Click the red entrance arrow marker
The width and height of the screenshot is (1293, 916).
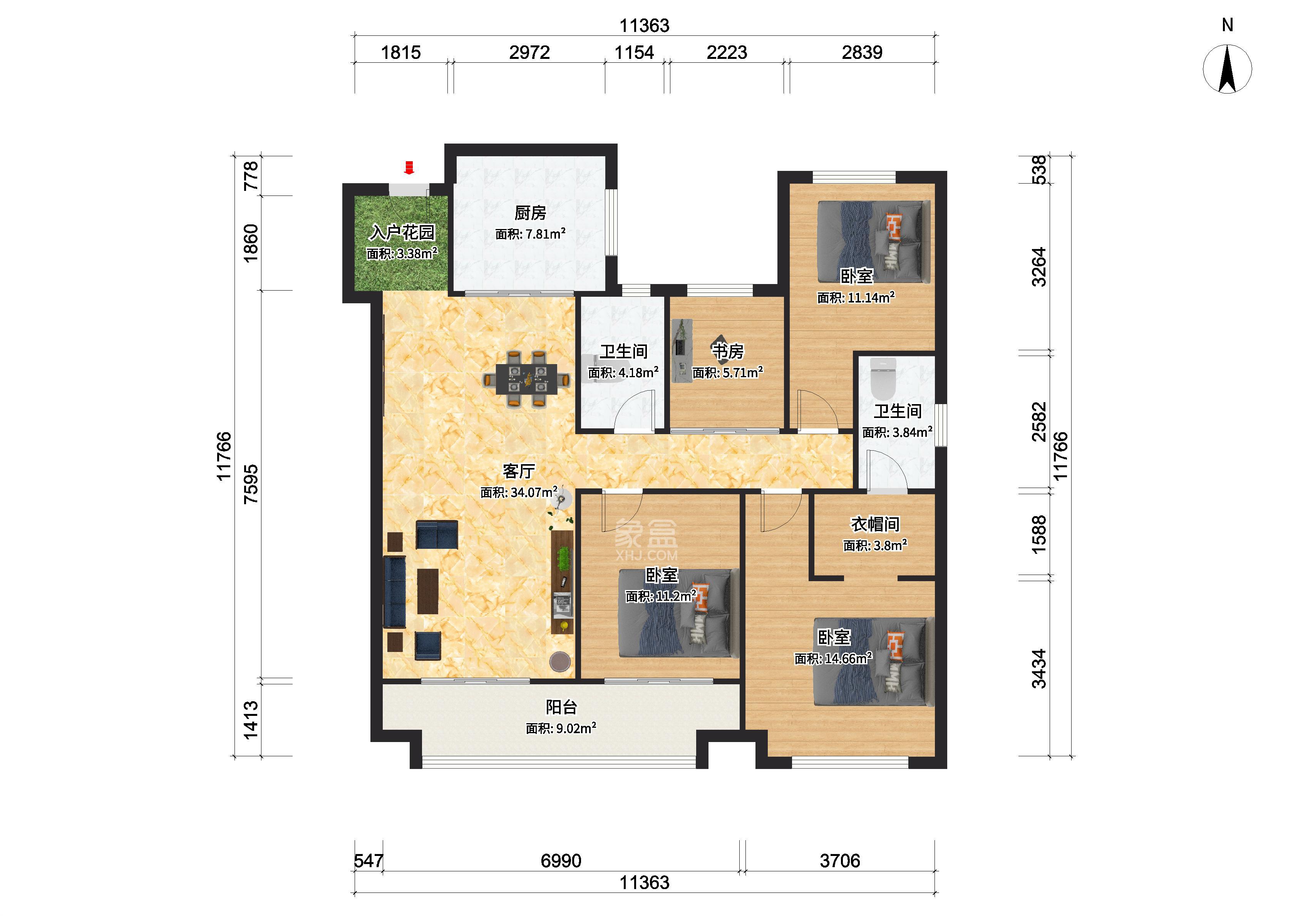click(x=409, y=167)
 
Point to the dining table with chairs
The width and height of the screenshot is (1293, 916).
click(x=526, y=378)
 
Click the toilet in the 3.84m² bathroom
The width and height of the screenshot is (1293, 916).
click(x=883, y=378)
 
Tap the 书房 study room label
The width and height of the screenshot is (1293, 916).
click(x=728, y=351)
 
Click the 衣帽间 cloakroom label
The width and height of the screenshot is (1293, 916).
click(x=875, y=524)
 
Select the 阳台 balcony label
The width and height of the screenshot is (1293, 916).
click(x=561, y=707)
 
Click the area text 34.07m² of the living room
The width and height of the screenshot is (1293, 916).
click(x=519, y=492)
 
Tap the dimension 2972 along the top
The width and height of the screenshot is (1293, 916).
click(x=529, y=52)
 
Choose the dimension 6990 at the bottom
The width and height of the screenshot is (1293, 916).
click(x=561, y=861)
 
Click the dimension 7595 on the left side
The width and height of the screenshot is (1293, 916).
click(x=251, y=484)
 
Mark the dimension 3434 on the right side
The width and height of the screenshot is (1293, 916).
click(x=1038, y=669)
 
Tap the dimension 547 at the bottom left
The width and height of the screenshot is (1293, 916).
click(x=368, y=861)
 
